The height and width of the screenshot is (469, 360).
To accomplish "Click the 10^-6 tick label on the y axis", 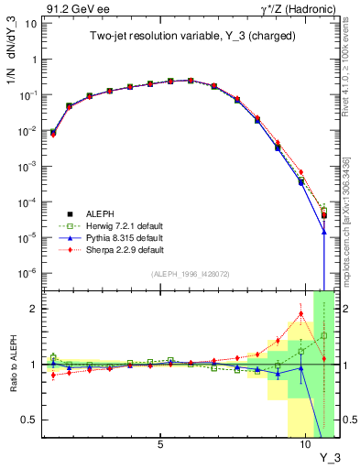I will pos(27,272).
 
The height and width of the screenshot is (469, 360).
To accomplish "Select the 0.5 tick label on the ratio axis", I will pos(28,420).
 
